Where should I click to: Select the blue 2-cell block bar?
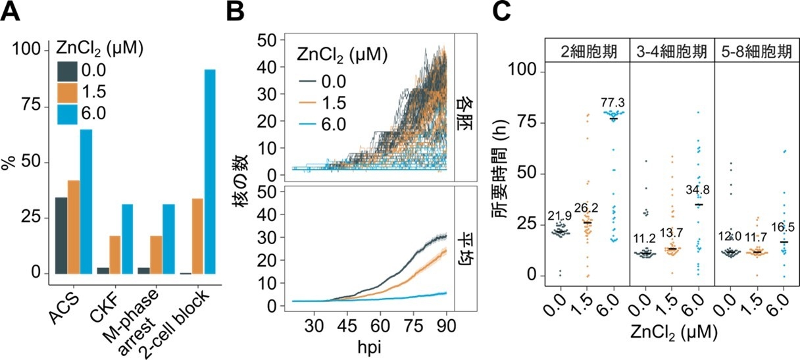[x=210, y=171]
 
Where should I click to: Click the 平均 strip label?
[x=465, y=247]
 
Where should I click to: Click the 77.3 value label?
[x=616, y=103]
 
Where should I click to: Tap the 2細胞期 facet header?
[x=588, y=51]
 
